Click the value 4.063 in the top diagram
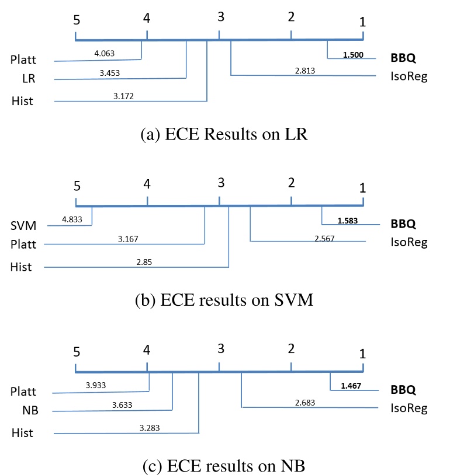point(104,53)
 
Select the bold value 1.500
point(353,55)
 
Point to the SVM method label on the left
point(23,225)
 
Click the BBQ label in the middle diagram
point(403,223)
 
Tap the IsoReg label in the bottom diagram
point(409,408)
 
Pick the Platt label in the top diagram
point(24,59)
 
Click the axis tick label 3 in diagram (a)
point(220,18)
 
